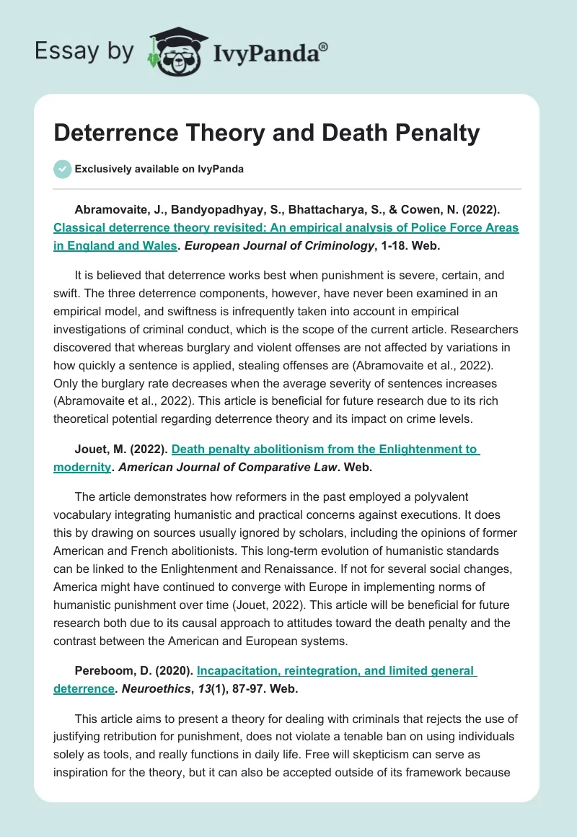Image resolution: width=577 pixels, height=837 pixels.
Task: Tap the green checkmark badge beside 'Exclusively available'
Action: [62, 169]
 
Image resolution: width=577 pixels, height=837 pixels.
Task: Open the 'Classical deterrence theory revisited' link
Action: [286, 227]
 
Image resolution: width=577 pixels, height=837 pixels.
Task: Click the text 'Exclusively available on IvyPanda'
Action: [159, 169]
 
